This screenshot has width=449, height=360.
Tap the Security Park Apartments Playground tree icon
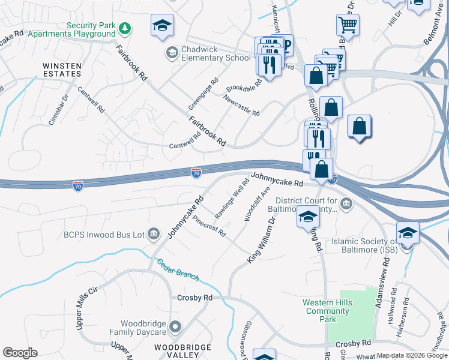click(x=125, y=28)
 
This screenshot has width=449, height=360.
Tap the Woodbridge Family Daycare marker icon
click(x=175, y=327)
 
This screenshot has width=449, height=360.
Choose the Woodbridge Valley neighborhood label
click(x=182, y=351)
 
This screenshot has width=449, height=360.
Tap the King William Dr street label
click(x=261, y=240)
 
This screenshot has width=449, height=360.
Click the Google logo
click(x=20, y=353)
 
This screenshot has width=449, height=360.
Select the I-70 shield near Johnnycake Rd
click(x=196, y=173)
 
